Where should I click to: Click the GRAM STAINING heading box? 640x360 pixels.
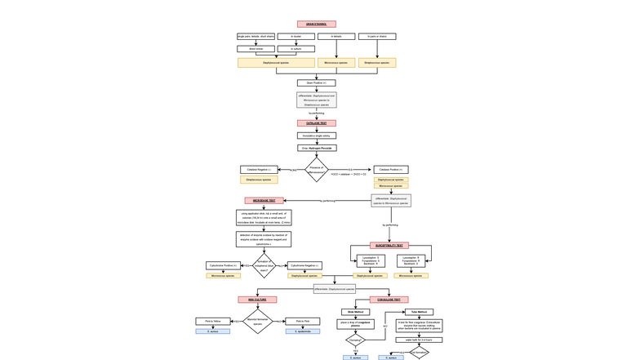[316, 24]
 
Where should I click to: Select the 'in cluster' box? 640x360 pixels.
[296, 36]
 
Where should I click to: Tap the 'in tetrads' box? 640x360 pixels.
[336, 36]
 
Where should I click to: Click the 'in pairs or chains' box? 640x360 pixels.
[377, 36]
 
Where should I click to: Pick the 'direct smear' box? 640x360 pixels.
[256, 49]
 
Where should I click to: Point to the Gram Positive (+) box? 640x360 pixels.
[316, 82]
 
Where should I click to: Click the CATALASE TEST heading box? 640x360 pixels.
[316, 123]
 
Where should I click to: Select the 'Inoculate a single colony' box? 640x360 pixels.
[316, 136]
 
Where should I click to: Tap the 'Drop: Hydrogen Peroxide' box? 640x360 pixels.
[316, 148]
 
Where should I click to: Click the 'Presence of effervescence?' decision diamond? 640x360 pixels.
[316, 169]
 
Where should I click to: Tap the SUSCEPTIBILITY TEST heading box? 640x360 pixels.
[390, 245]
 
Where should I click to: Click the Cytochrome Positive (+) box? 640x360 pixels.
[223, 265]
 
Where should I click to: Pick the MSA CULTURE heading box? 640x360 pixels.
[258, 300]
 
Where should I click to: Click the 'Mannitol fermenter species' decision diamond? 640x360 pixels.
[258, 321]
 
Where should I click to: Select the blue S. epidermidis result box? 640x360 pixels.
[302, 331]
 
